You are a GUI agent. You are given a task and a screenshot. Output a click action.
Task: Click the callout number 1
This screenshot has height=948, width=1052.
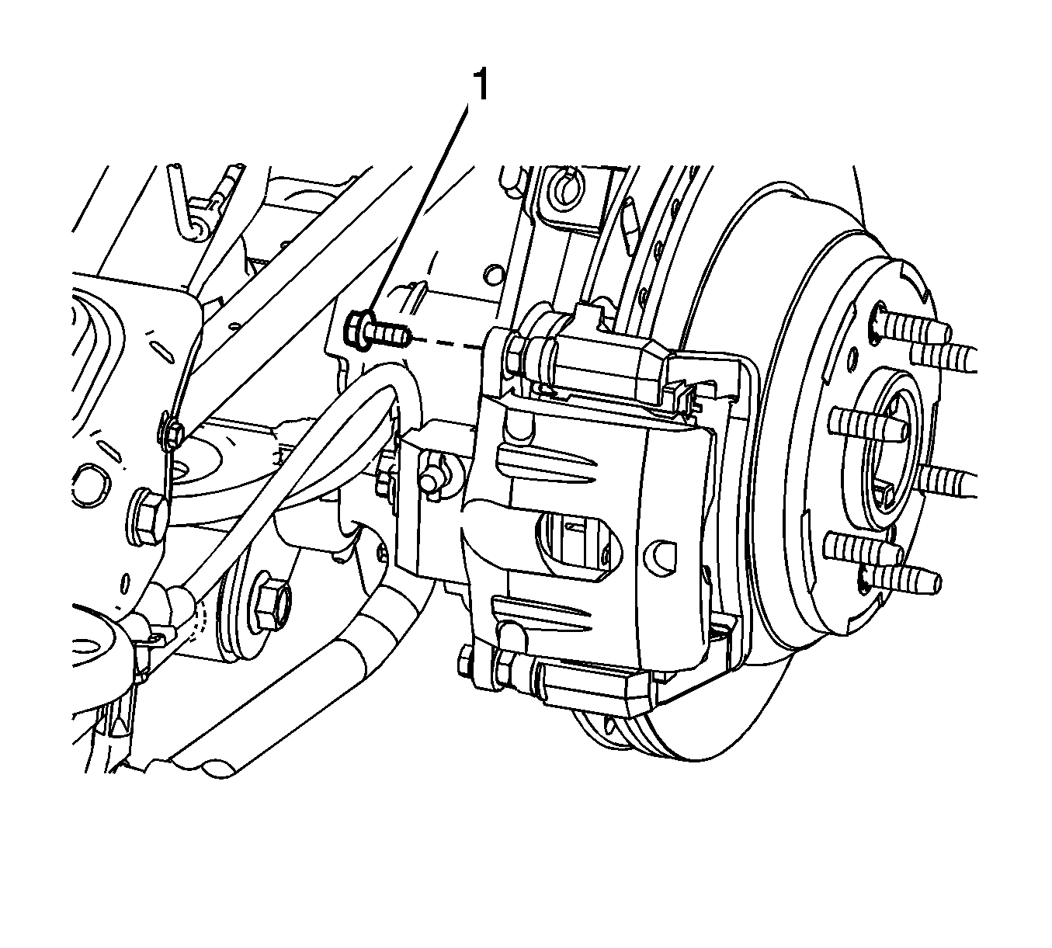point(481,85)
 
